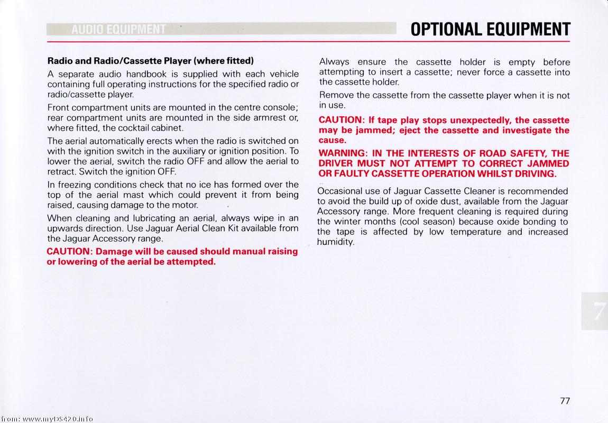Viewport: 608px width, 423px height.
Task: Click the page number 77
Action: point(565,401)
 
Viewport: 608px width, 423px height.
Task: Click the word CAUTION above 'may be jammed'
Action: point(340,120)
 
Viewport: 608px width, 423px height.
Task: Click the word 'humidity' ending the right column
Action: point(335,242)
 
